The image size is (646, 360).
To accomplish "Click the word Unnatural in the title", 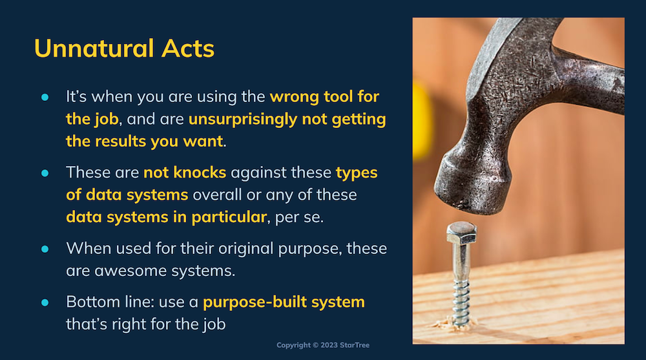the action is tap(94, 48).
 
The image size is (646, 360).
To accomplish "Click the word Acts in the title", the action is tap(188, 48).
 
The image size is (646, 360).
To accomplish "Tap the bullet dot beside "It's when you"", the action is tap(45, 98).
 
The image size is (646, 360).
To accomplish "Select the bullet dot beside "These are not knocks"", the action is tap(45, 173).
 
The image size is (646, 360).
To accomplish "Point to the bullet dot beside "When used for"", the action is tap(45, 249).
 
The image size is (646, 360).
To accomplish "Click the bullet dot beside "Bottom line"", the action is tap(45, 302).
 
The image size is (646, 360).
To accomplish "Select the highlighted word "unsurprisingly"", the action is tap(243, 120).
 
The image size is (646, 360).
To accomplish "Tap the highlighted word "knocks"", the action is tap(200, 173).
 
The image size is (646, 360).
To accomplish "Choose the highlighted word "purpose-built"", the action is tap(255, 302).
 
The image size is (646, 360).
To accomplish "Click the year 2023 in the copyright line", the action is tap(329, 345).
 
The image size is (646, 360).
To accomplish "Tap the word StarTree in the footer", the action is tap(354, 345).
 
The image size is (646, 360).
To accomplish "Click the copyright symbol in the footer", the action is tap(316, 345).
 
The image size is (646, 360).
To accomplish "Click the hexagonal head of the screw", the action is tap(461, 233).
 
